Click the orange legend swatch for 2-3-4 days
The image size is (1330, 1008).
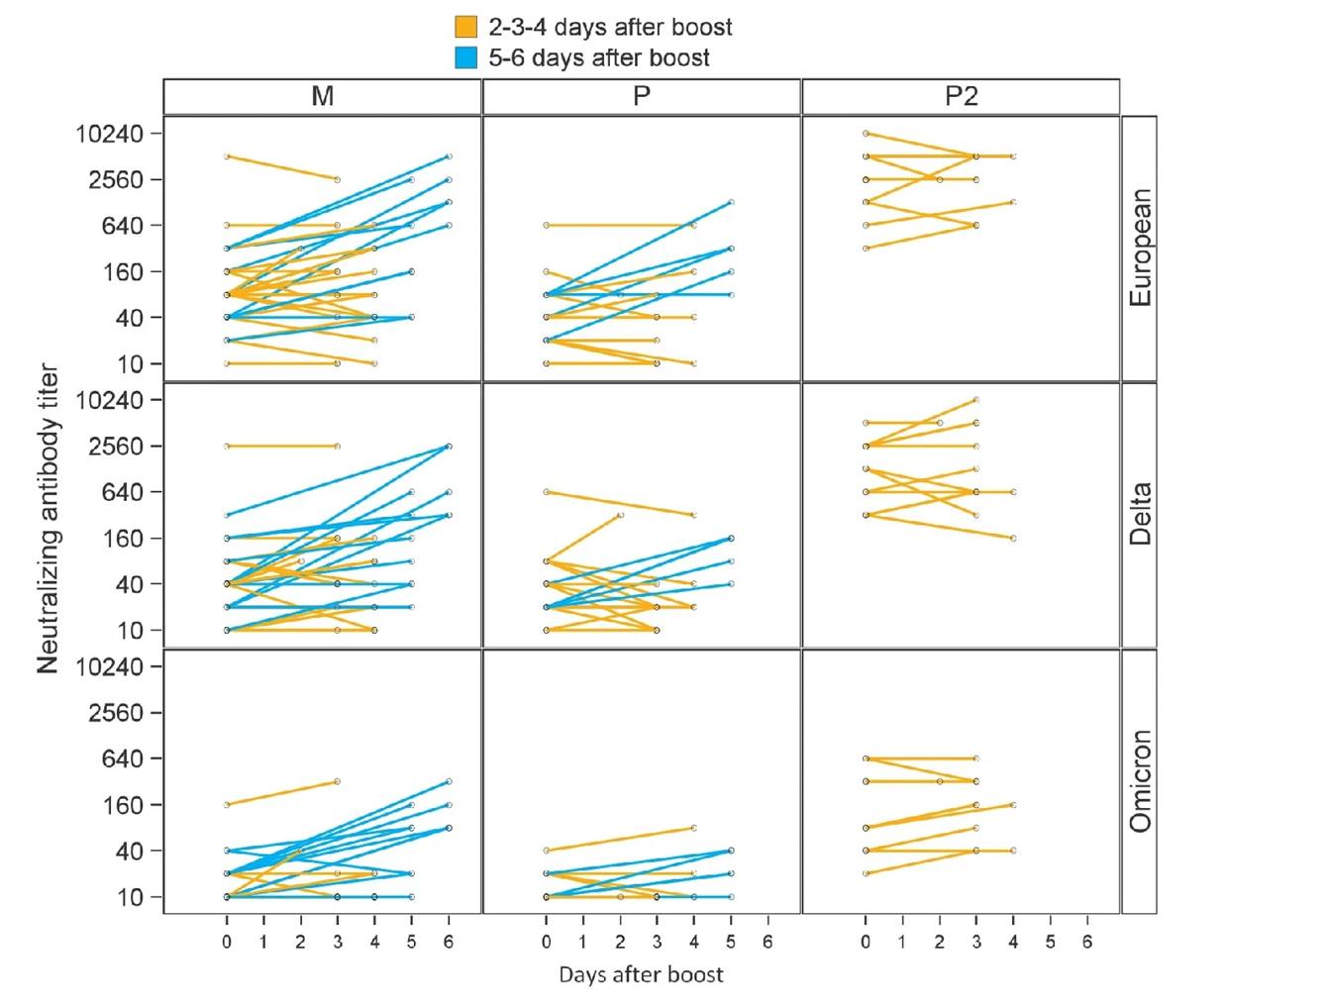click(465, 27)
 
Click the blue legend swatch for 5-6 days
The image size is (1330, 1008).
click(465, 57)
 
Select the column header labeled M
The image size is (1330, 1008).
click(323, 96)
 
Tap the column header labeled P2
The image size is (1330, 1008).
click(961, 96)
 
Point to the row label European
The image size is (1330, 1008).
click(1140, 248)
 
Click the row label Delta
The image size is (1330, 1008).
click(1140, 514)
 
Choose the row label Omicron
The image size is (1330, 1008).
click(1140, 781)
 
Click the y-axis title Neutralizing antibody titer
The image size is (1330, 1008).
click(48, 519)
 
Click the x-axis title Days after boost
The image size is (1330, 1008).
click(641, 974)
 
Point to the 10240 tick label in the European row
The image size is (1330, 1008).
click(109, 134)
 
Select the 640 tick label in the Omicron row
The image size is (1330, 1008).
click(123, 758)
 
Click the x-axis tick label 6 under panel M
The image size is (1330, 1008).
click(449, 942)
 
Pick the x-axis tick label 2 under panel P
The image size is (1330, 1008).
click(620, 942)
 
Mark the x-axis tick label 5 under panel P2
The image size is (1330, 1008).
click(1050, 942)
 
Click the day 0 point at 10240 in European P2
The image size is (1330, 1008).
click(866, 134)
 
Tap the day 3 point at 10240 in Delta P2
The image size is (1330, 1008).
click(976, 400)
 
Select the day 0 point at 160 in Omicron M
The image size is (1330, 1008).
click(227, 805)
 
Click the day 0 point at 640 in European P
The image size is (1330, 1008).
click(546, 226)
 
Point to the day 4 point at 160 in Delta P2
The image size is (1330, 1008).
click(1013, 538)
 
